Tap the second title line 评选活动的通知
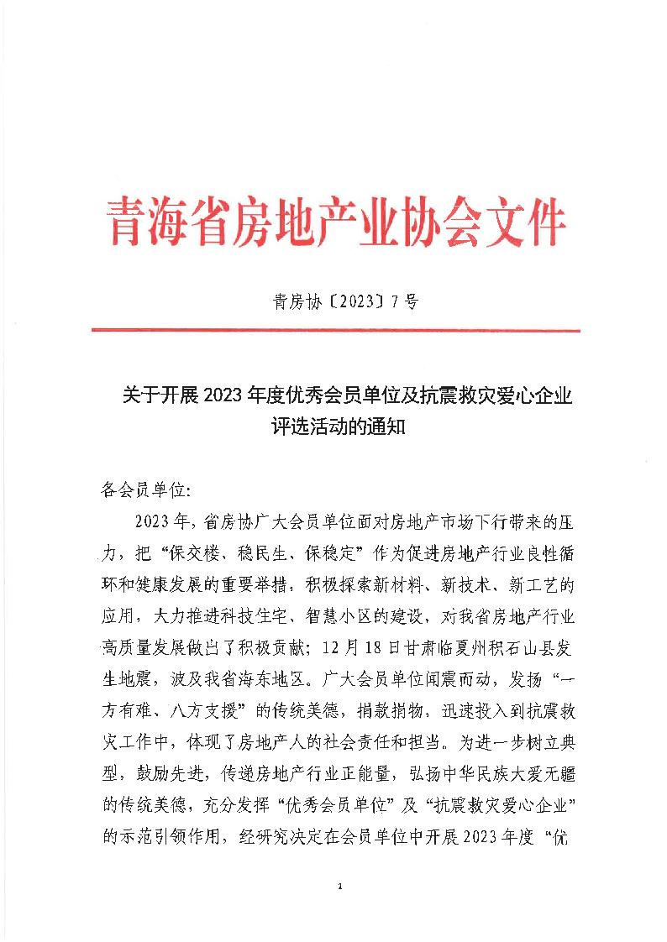(x=334, y=426)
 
